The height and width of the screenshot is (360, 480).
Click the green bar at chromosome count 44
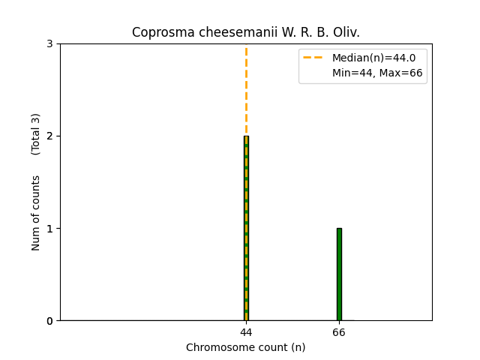click(246, 228)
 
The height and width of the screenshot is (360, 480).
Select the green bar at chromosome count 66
click(339, 274)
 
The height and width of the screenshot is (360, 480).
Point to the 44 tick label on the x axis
click(246, 331)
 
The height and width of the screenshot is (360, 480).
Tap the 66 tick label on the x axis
click(339, 331)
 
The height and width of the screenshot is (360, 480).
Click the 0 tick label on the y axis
click(49, 321)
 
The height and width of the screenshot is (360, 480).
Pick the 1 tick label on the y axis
click(49, 229)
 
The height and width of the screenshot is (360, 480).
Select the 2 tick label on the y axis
click(49, 136)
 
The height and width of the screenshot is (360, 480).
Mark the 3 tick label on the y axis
click(49, 44)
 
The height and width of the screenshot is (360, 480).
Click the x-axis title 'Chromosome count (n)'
click(246, 347)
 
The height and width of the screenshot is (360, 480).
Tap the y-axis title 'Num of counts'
click(36, 213)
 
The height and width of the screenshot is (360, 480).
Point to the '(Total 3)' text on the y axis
click(36, 134)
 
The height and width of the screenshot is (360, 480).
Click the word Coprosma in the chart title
click(159, 32)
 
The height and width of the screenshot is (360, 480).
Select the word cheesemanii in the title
click(222, 32)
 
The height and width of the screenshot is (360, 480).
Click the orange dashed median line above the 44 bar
click(246, 90)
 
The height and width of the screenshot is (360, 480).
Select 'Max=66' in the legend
click(402, 73)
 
